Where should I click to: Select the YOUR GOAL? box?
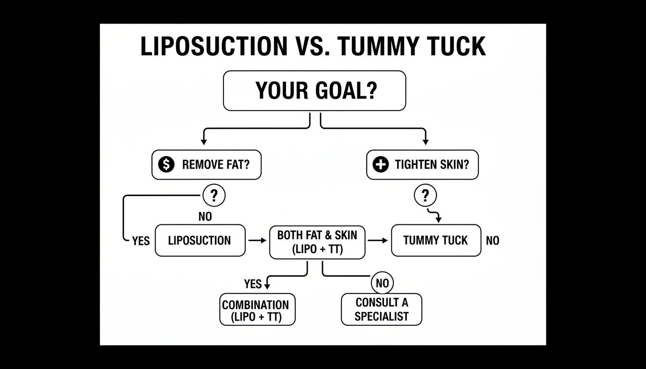click(x=314, y=91)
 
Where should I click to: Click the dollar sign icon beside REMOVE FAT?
click(x=166, y=165)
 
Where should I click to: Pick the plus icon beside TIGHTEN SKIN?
click(x=380, y=165)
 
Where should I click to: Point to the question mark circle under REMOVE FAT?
click(x=214, y=196)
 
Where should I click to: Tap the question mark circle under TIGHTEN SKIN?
click(x=425, y=196)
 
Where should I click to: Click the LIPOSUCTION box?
click(x=200, y=240)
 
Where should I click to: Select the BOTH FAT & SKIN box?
click(x=317, y=242)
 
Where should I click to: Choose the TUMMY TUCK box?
click(x=435, y=240)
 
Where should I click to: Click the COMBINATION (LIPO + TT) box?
click(x=257, y=310)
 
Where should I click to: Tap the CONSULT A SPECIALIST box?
click(x=381, y=309)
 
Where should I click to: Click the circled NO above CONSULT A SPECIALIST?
click(x=382, y=283)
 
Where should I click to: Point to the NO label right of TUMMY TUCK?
click(x=492, y=241)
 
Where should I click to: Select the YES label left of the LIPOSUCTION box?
click(x=141, y=241)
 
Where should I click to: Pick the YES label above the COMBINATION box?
click(x=252, y=284)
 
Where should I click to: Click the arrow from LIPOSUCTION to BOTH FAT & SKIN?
click(x=257, y=240)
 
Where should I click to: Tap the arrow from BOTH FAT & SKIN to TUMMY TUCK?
click(x=378, y=240)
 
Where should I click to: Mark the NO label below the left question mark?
click(x=205, y=217)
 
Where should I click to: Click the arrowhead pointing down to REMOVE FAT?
click(x=204, y=141)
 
